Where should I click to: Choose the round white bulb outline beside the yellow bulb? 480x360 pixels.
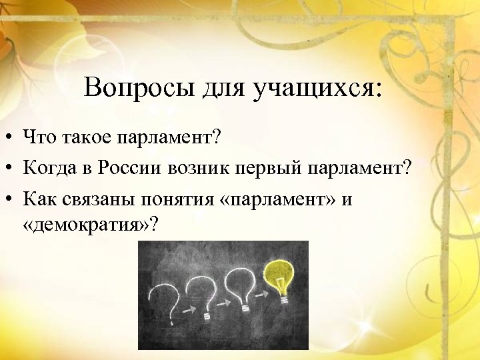pos(240,283)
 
